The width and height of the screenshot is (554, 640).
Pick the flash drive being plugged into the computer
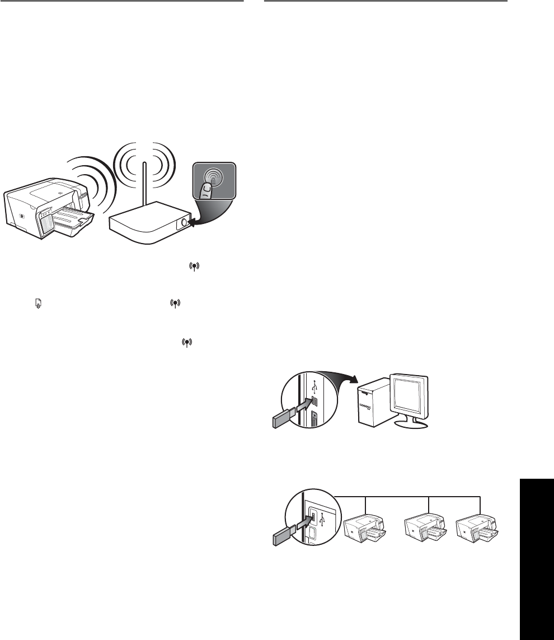[x=282, y=417]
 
